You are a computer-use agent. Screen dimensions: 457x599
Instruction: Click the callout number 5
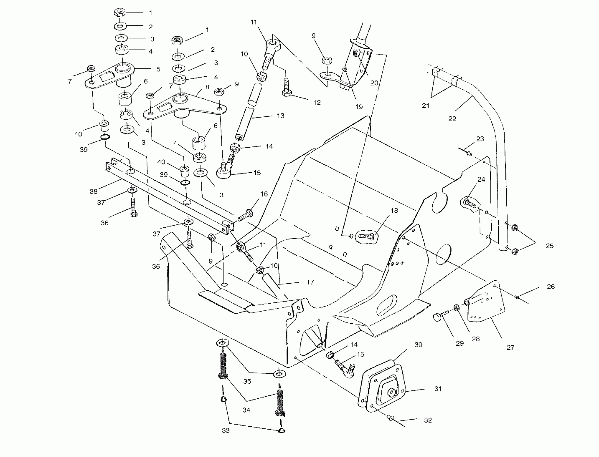(x=158, y=69)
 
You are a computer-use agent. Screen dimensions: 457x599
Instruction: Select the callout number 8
(x=207, y=87)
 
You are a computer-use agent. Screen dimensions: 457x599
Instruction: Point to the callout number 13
(x=280, y=116)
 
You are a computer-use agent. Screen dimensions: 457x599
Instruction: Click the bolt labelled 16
(x=246, y=215)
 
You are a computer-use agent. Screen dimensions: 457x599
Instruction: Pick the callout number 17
(x=310, y=282)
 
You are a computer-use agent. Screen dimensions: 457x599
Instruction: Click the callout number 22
(x=452, y=119)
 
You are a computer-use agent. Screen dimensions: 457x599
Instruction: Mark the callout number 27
(x=510, y=347)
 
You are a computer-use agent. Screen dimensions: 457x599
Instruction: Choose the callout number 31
(x=438, y=389)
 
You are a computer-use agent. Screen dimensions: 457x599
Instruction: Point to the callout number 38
(x=93, y=191)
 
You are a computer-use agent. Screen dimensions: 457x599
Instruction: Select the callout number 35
(x=247, y=381)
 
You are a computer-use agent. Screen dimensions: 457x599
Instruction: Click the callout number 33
(x=226, y=430)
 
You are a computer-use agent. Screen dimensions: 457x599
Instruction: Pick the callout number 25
(x=550, y=246)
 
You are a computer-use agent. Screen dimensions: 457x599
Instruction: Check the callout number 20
(x=374, y=83)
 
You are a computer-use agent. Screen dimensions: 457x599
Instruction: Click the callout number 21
(x=425, y=106)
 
